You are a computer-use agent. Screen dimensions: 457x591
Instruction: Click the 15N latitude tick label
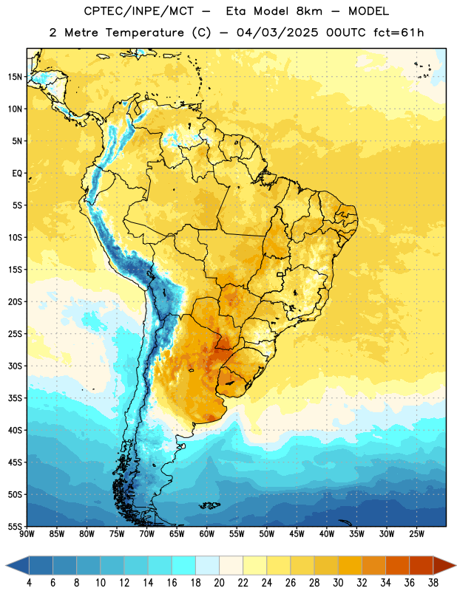(x=15, y=77)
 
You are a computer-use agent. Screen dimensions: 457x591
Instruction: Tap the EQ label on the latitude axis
(x=17, y=174)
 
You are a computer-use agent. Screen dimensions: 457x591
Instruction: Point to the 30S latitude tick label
(x=15, y=366)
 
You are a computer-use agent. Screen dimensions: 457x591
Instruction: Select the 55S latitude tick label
(x=15, y=526)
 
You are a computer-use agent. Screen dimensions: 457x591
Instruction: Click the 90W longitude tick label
(x=27, y=534)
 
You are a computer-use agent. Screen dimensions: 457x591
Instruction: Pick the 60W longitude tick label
(x=207, y=534)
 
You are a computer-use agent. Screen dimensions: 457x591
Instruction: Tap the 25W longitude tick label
(x=416, y=534)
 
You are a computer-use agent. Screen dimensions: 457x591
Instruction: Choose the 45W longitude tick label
(x=297, y=534)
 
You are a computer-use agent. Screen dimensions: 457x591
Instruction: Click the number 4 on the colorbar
(x=29, y=583)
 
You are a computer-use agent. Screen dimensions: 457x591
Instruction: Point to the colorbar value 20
(x=219, y=583)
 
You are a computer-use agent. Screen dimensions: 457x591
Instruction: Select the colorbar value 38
(x=433, y=583)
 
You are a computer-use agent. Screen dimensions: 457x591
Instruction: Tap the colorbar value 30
(x=338, y=583)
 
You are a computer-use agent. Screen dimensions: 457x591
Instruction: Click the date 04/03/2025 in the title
(x=277, y=33)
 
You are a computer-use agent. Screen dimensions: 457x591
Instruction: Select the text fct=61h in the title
(x=399, y=33)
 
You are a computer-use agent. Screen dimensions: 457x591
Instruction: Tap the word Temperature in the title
(x=144, y=33)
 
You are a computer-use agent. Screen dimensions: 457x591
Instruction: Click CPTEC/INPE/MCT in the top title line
(x=139, y=11)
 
